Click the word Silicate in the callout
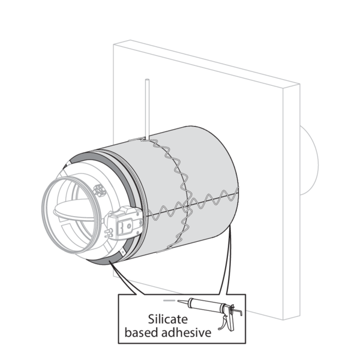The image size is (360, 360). [168, 319]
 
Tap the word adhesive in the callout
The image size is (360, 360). [186, 332]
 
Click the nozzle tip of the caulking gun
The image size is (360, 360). [178, 301]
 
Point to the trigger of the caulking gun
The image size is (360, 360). [223, 323]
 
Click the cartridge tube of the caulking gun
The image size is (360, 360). [205, 305]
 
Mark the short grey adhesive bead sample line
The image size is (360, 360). [169, 301]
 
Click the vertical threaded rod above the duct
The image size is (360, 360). [147, 109]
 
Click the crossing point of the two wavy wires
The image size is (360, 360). [186, 206]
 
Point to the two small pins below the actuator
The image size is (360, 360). [109, 232]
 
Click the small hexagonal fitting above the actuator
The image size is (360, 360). [99, 190]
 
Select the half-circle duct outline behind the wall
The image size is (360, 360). [309, 160]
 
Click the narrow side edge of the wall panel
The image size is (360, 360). [292, 202]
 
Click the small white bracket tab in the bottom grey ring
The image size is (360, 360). [122, 253]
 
